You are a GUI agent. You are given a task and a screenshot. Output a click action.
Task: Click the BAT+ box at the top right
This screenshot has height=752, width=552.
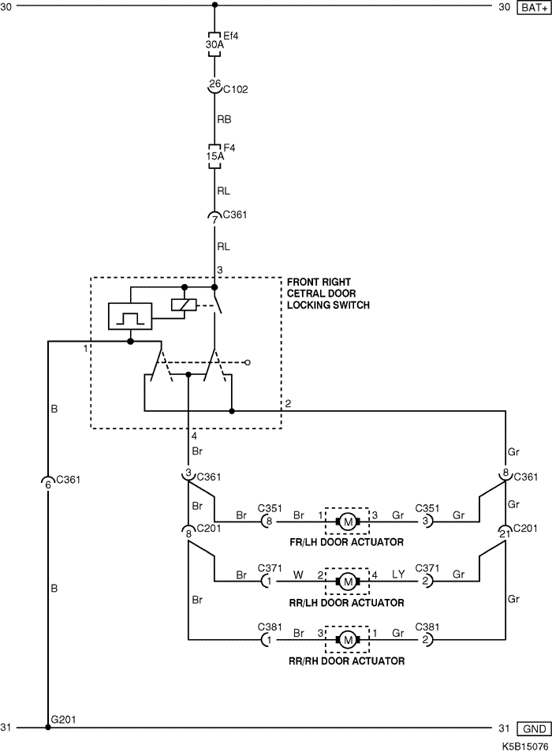(531, 7)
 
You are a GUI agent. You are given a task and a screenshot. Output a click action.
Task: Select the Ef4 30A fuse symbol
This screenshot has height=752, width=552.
(214, 45)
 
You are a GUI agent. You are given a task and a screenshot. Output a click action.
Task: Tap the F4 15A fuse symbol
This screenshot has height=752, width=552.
(214, 155)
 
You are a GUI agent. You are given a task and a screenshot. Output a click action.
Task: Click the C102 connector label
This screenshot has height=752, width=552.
(236, 90)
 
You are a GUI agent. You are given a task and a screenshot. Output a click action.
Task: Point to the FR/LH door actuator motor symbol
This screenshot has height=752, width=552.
(347, 521)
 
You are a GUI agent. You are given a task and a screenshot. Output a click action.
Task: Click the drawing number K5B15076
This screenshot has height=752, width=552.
(524, 744)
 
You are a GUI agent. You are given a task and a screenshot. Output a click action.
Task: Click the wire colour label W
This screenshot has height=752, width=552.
(299, 574)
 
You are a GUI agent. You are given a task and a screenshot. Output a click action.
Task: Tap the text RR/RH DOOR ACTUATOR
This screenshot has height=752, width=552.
(346, 661)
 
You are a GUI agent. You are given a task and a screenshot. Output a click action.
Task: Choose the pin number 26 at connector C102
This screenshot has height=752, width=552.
(214, 84)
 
